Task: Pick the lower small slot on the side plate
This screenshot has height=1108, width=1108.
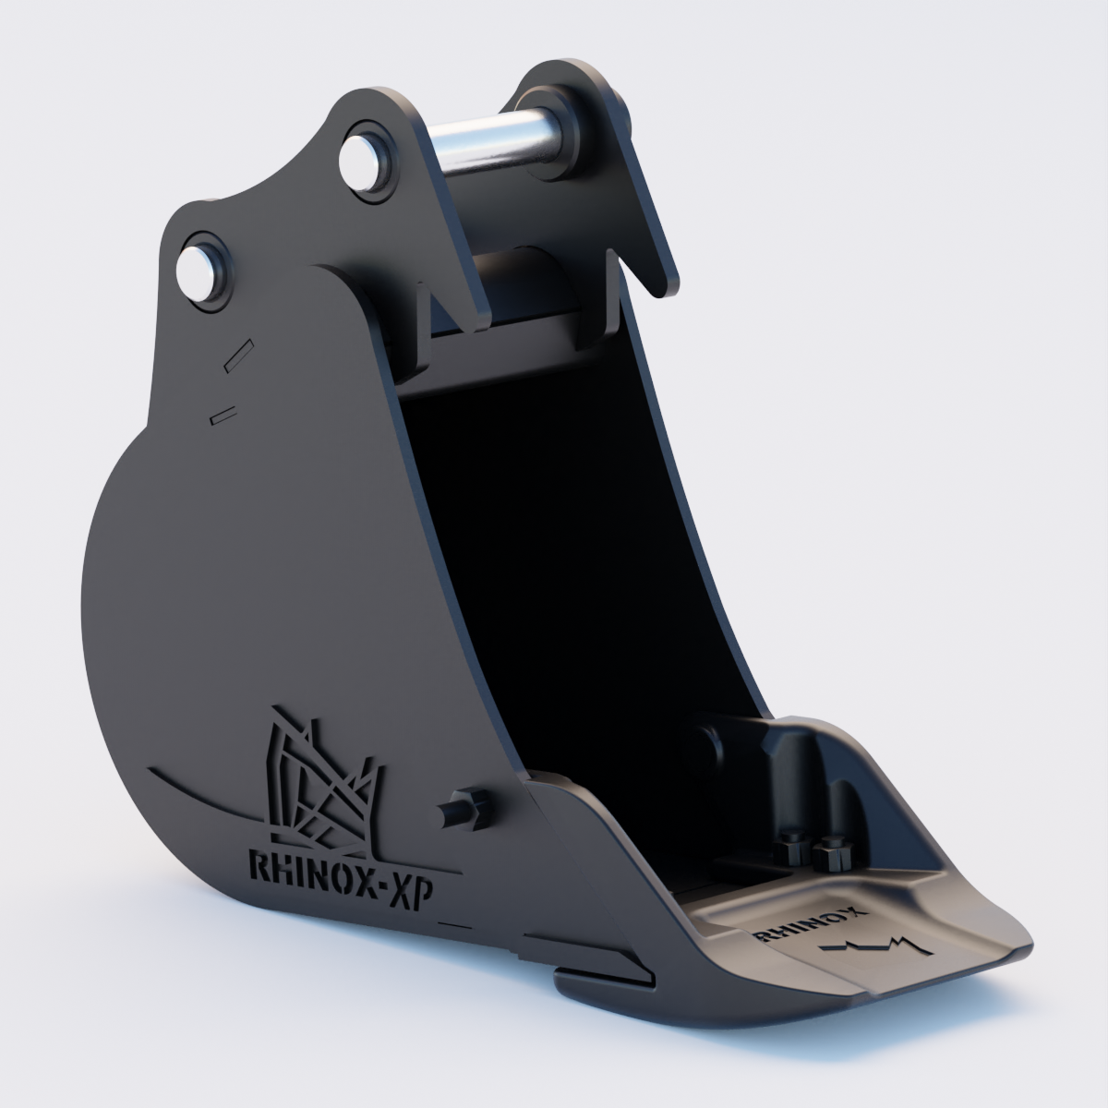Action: [x=223, y=416]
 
